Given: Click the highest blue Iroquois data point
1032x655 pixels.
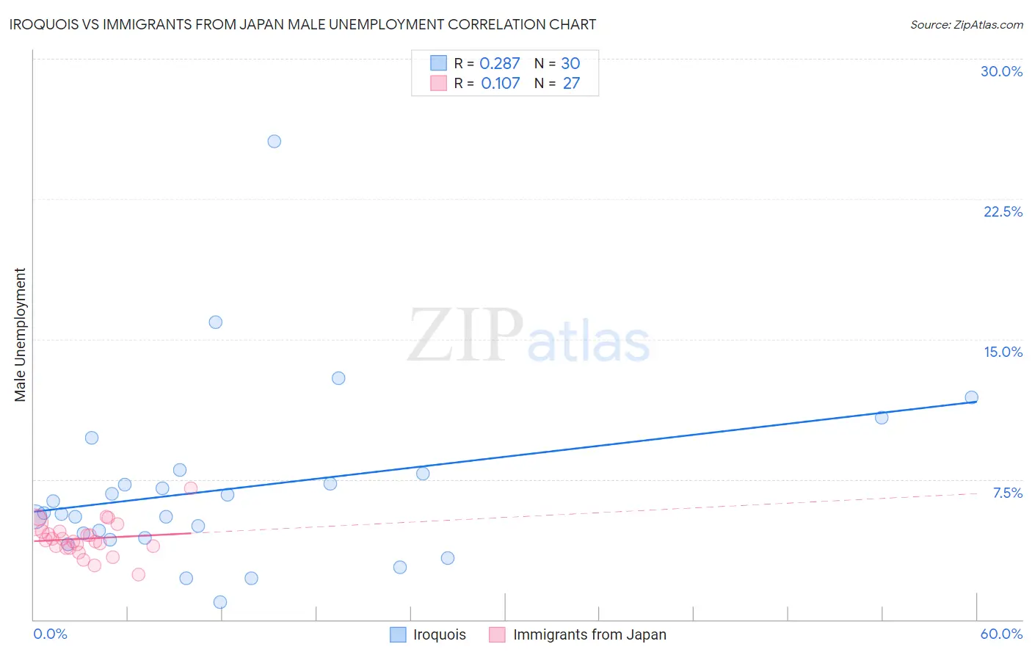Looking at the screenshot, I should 274,141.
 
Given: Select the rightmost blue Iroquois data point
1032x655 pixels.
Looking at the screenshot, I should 971,397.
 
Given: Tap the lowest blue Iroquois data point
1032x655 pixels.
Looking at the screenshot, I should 220,602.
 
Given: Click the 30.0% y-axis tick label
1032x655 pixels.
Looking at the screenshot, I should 1001,71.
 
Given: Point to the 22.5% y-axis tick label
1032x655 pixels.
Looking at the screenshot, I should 1003,211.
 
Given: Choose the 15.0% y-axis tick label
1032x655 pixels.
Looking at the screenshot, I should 1003,352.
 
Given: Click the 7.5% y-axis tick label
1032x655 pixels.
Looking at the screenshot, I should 1007,493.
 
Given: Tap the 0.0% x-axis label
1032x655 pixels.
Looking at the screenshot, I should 50,634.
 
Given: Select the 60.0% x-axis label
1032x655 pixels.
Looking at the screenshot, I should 1001,634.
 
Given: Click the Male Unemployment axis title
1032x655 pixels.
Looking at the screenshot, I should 21,335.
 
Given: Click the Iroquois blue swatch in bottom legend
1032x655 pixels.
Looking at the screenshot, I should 398,634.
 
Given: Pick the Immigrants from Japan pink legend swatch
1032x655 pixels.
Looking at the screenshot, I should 497,634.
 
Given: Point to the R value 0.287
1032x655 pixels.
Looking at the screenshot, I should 499,64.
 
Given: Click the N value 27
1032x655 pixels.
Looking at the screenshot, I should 571,84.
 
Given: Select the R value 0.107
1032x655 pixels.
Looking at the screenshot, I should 500,84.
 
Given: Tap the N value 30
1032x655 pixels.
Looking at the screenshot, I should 570,64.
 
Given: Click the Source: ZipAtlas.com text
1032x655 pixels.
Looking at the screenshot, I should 966,25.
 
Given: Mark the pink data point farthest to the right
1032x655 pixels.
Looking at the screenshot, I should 191,488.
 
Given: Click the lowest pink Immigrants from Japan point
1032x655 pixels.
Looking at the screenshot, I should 138,574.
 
